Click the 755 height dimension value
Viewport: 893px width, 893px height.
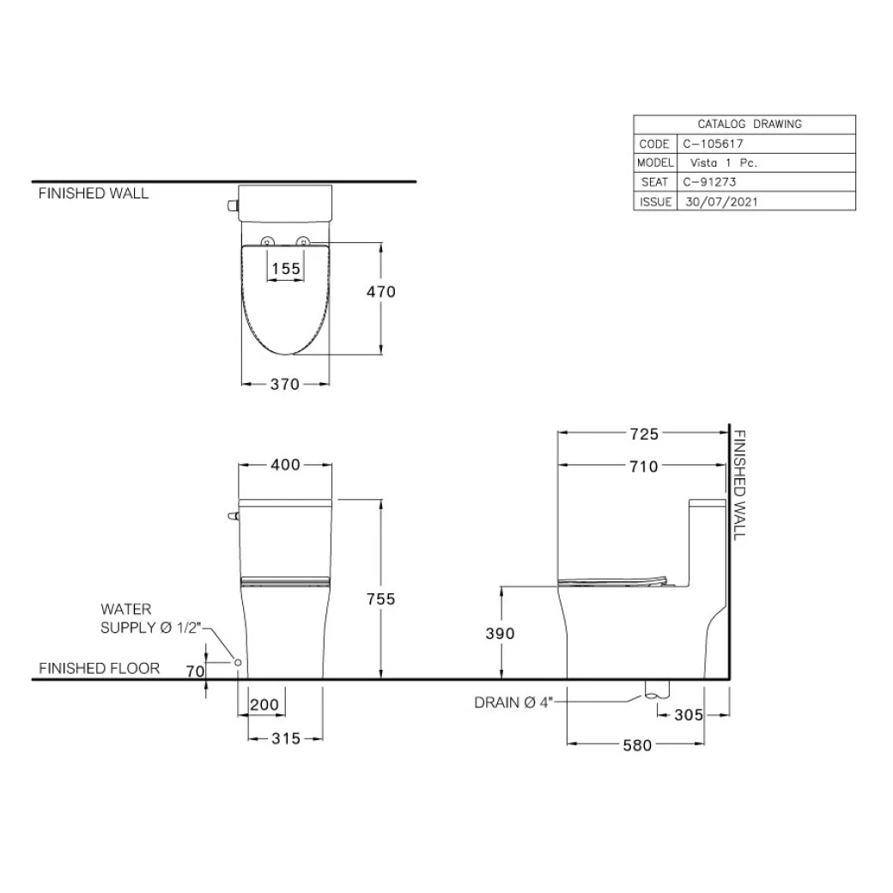pyautogui.click(x=380, y=599)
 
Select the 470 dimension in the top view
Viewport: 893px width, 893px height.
pyautogui.click(x=380, y=292)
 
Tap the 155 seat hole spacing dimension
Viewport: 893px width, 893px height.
pyautogui.click(x=286, y=269)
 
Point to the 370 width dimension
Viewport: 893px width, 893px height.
pyautogui.click(x=285, y=385)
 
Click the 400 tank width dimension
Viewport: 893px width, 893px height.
pyautogui.click(x=285, y=465)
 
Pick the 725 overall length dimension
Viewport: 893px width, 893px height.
pyautogui.click(x=643, y=434)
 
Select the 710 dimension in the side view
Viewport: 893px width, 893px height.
pyautogui.click(x=643, y=466)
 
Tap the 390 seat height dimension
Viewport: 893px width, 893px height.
pyautogui.click(x=500, y=634)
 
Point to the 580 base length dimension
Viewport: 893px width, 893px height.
pyautogui.click(x=636, y=745)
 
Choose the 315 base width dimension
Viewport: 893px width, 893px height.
pyautogui.click(x=285, y=738)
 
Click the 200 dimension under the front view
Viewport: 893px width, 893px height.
pyautogui.click(x=264, y=706)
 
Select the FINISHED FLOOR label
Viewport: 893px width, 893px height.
pyautogui.click(x=99, y=668)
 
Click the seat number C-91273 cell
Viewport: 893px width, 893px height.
pyautogui.click(x=709, y=182)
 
